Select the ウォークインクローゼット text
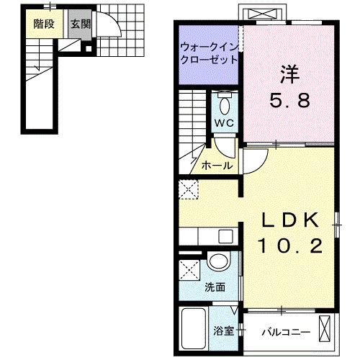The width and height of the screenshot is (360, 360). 209,55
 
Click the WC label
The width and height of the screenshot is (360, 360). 224,124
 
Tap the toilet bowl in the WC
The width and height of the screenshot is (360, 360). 225,105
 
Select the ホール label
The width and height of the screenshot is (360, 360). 217,166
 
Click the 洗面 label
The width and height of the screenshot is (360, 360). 215,287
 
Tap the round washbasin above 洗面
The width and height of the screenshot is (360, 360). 218,261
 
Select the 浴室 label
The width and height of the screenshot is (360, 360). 222,331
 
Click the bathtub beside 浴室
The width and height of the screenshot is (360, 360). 194,326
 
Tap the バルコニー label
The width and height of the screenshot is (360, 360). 286,332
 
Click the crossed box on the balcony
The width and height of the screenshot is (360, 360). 326,330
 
